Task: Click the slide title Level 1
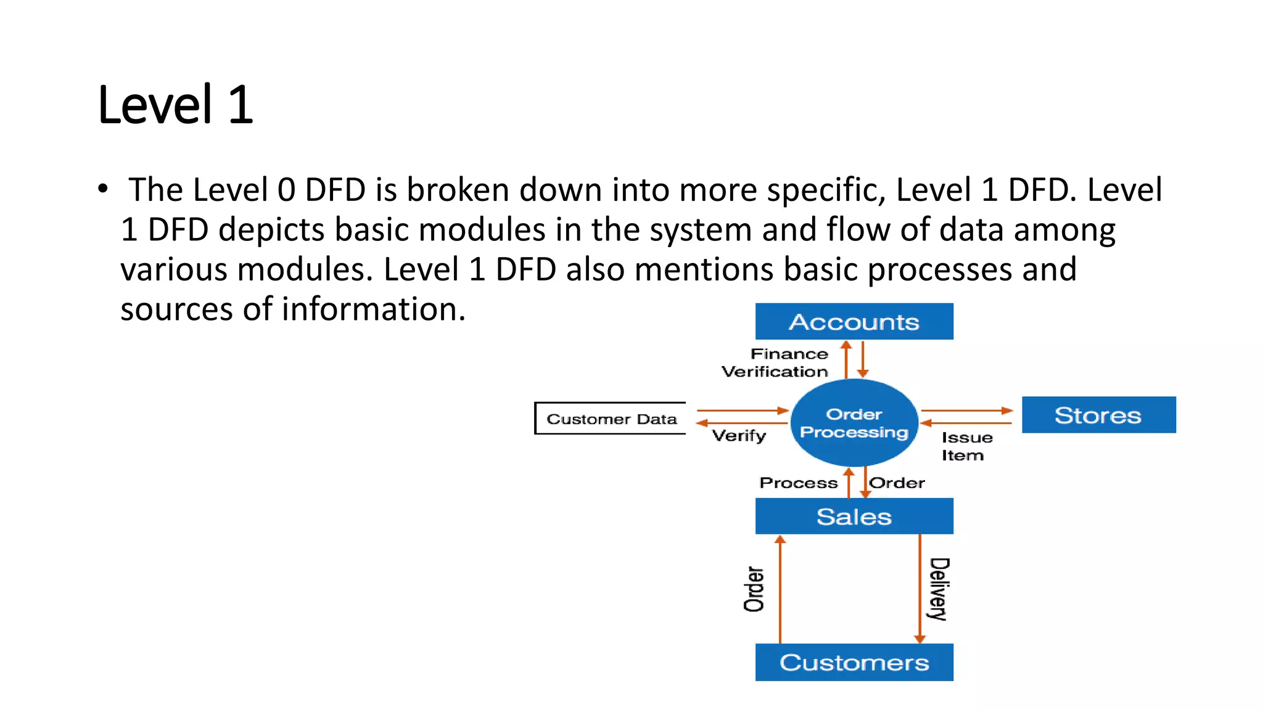(176, 105)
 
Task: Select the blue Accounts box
(854, 321)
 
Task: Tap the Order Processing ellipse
(854, 423)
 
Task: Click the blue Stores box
(1098, 415)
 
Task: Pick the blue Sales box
(854, 516)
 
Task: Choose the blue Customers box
(854, 662)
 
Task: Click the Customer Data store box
(611, 418)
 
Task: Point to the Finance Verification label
(776, 362)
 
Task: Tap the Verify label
(739, 436)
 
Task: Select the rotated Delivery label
(939, 589)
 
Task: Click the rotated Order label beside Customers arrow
(754, 589)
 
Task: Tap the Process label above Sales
(798, 483)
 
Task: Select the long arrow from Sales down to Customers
(919, 589)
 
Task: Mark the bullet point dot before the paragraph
(102, 189)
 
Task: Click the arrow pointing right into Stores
(966, 410)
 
